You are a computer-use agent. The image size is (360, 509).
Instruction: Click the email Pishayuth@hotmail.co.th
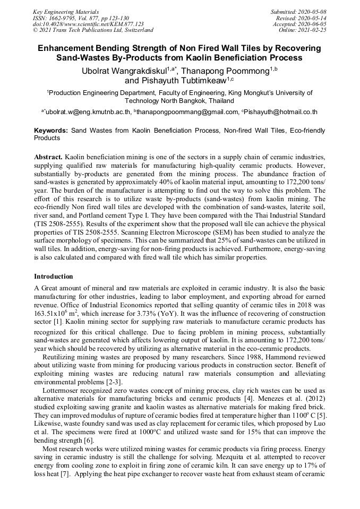click(x=281, y=112)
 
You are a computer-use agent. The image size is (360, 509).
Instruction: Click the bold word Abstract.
click(x=48, y=158)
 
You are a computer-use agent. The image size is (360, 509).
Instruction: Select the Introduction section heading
click(x=54, y=277)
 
